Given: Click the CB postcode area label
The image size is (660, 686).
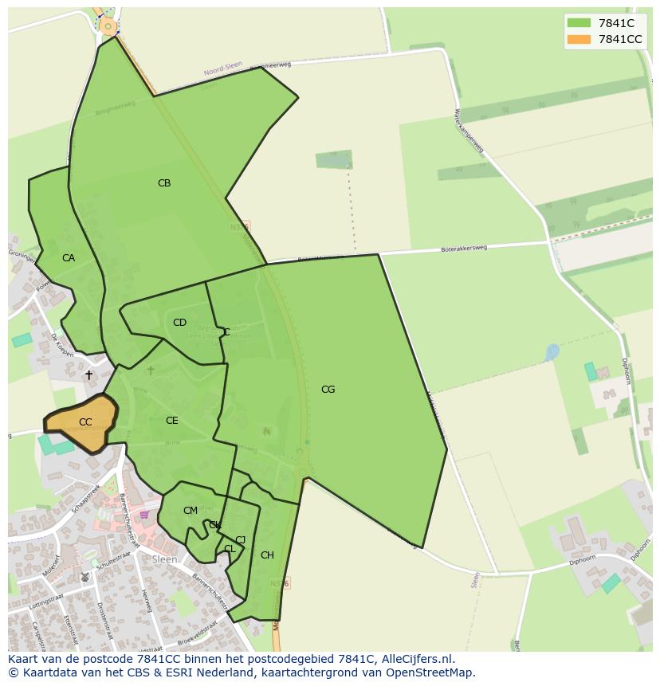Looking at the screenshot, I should point(164,183).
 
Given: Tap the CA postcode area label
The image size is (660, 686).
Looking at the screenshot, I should point(69,258).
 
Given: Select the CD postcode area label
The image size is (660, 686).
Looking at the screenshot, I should point(179,323).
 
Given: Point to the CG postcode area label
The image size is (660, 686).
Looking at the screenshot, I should point(328,390).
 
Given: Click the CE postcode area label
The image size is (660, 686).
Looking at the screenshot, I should point(171,421).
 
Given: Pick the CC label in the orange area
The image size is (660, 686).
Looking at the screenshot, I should point(85,422).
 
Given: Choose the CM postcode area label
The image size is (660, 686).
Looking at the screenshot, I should point(190,511).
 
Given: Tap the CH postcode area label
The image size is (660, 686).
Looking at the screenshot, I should point(267,555).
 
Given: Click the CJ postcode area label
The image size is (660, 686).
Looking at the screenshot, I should point(240,540).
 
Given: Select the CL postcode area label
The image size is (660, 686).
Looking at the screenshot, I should point(230,549).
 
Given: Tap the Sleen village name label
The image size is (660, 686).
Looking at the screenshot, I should point(164,559).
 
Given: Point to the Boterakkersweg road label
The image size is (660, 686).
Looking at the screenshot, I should point(463,249).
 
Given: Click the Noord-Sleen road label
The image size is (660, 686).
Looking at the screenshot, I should point(222,69).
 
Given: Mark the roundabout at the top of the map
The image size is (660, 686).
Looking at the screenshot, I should point(108,26).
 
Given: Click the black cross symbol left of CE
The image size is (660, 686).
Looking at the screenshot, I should point(88,374).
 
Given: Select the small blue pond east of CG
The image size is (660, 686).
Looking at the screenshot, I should point(552,351).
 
